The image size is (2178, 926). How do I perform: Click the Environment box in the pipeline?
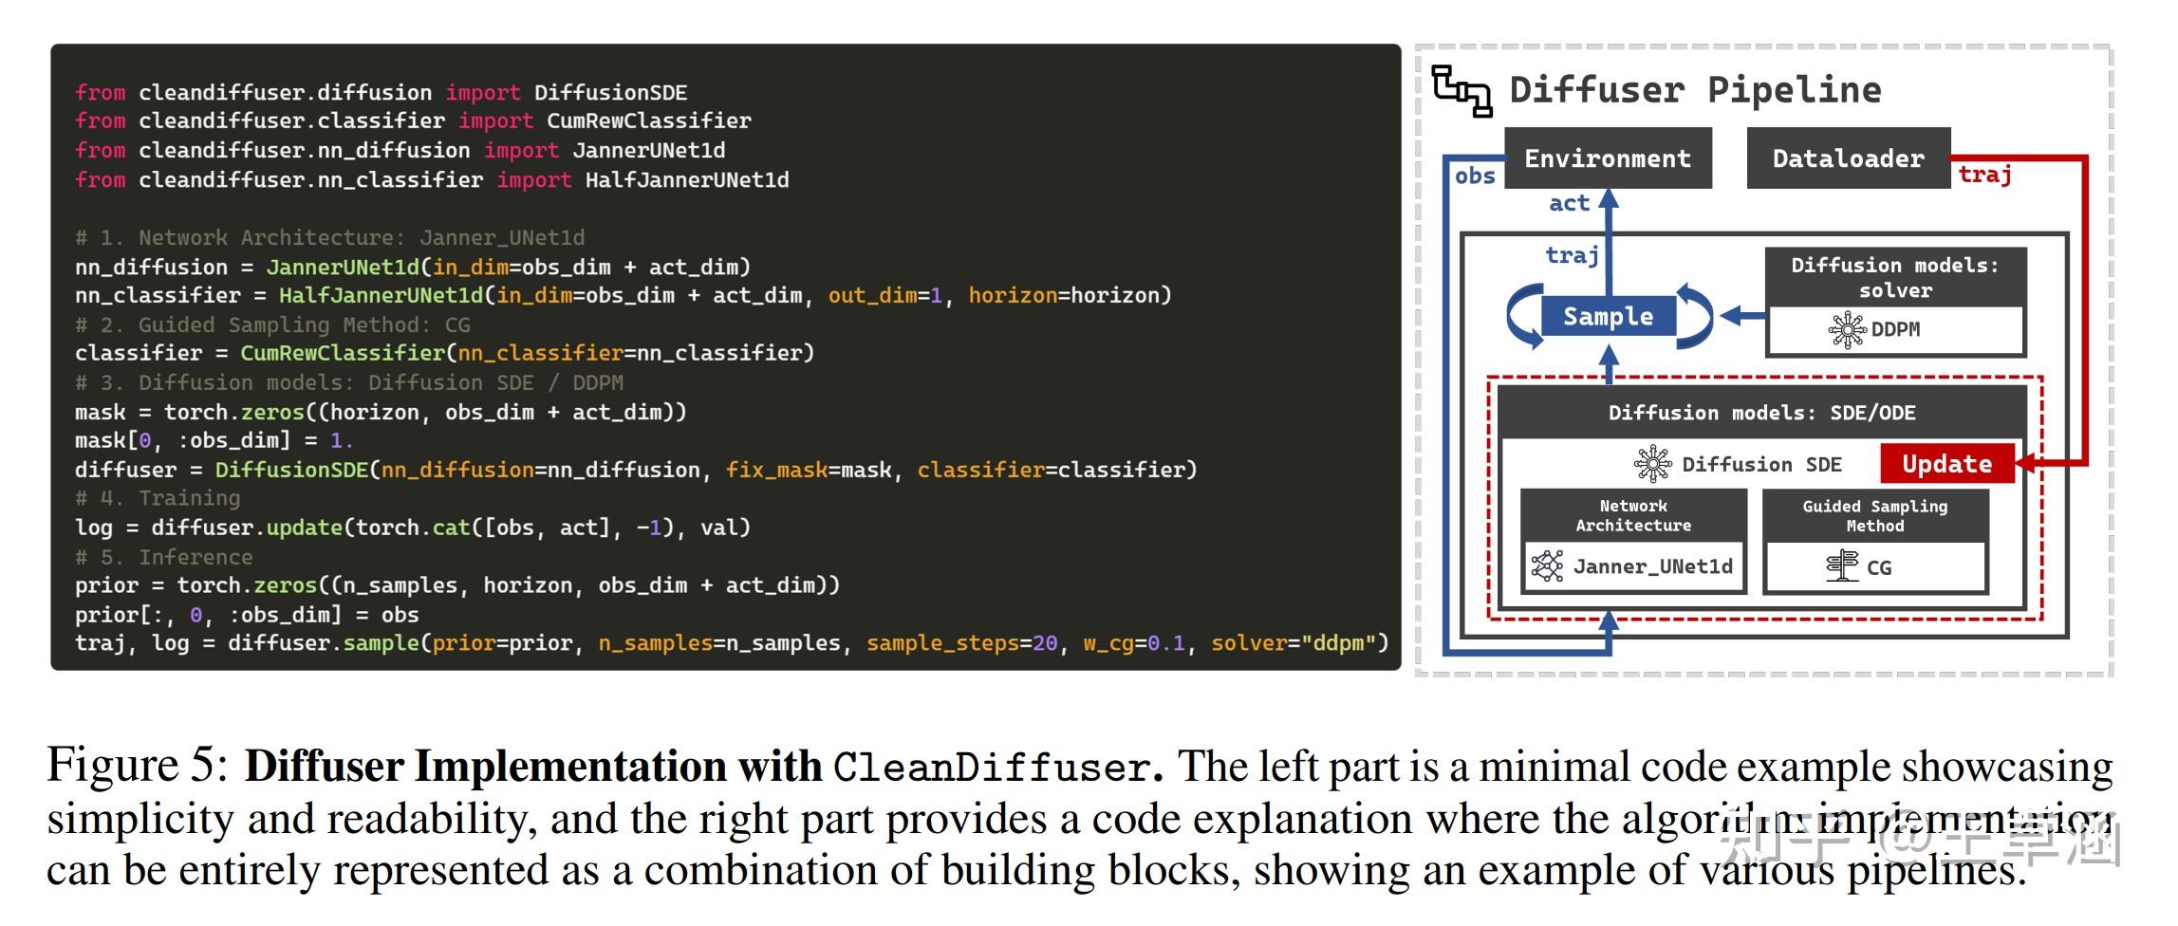1608,158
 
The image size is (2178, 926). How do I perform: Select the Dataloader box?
1848,158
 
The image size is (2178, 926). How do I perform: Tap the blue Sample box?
1608,317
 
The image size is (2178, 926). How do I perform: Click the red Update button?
1946,464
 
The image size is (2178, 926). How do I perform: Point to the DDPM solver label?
1894,329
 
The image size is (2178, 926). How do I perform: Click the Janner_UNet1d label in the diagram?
1651,566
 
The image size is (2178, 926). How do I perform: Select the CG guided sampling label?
1877,567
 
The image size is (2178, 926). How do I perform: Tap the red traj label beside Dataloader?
1984,175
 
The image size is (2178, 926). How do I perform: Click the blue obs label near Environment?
1474,176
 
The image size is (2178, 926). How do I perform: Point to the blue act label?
1568,203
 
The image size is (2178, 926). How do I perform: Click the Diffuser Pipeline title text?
1695,90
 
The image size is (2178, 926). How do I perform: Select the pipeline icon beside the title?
1461,91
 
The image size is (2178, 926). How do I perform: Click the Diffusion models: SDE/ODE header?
1761,413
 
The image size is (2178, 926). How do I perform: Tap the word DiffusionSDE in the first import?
610,93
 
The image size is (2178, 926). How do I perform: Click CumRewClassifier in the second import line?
648,121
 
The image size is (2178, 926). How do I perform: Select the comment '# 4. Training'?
158,498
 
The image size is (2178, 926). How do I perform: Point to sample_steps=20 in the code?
961,643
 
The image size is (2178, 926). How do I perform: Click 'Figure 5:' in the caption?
138,765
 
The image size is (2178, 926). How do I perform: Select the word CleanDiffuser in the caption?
991,768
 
